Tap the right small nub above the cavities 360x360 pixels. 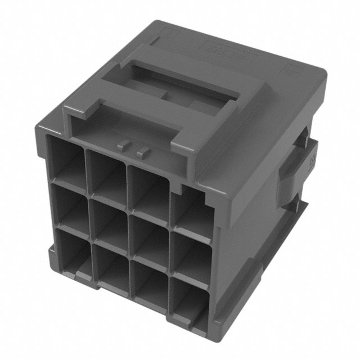pos(143,150)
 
